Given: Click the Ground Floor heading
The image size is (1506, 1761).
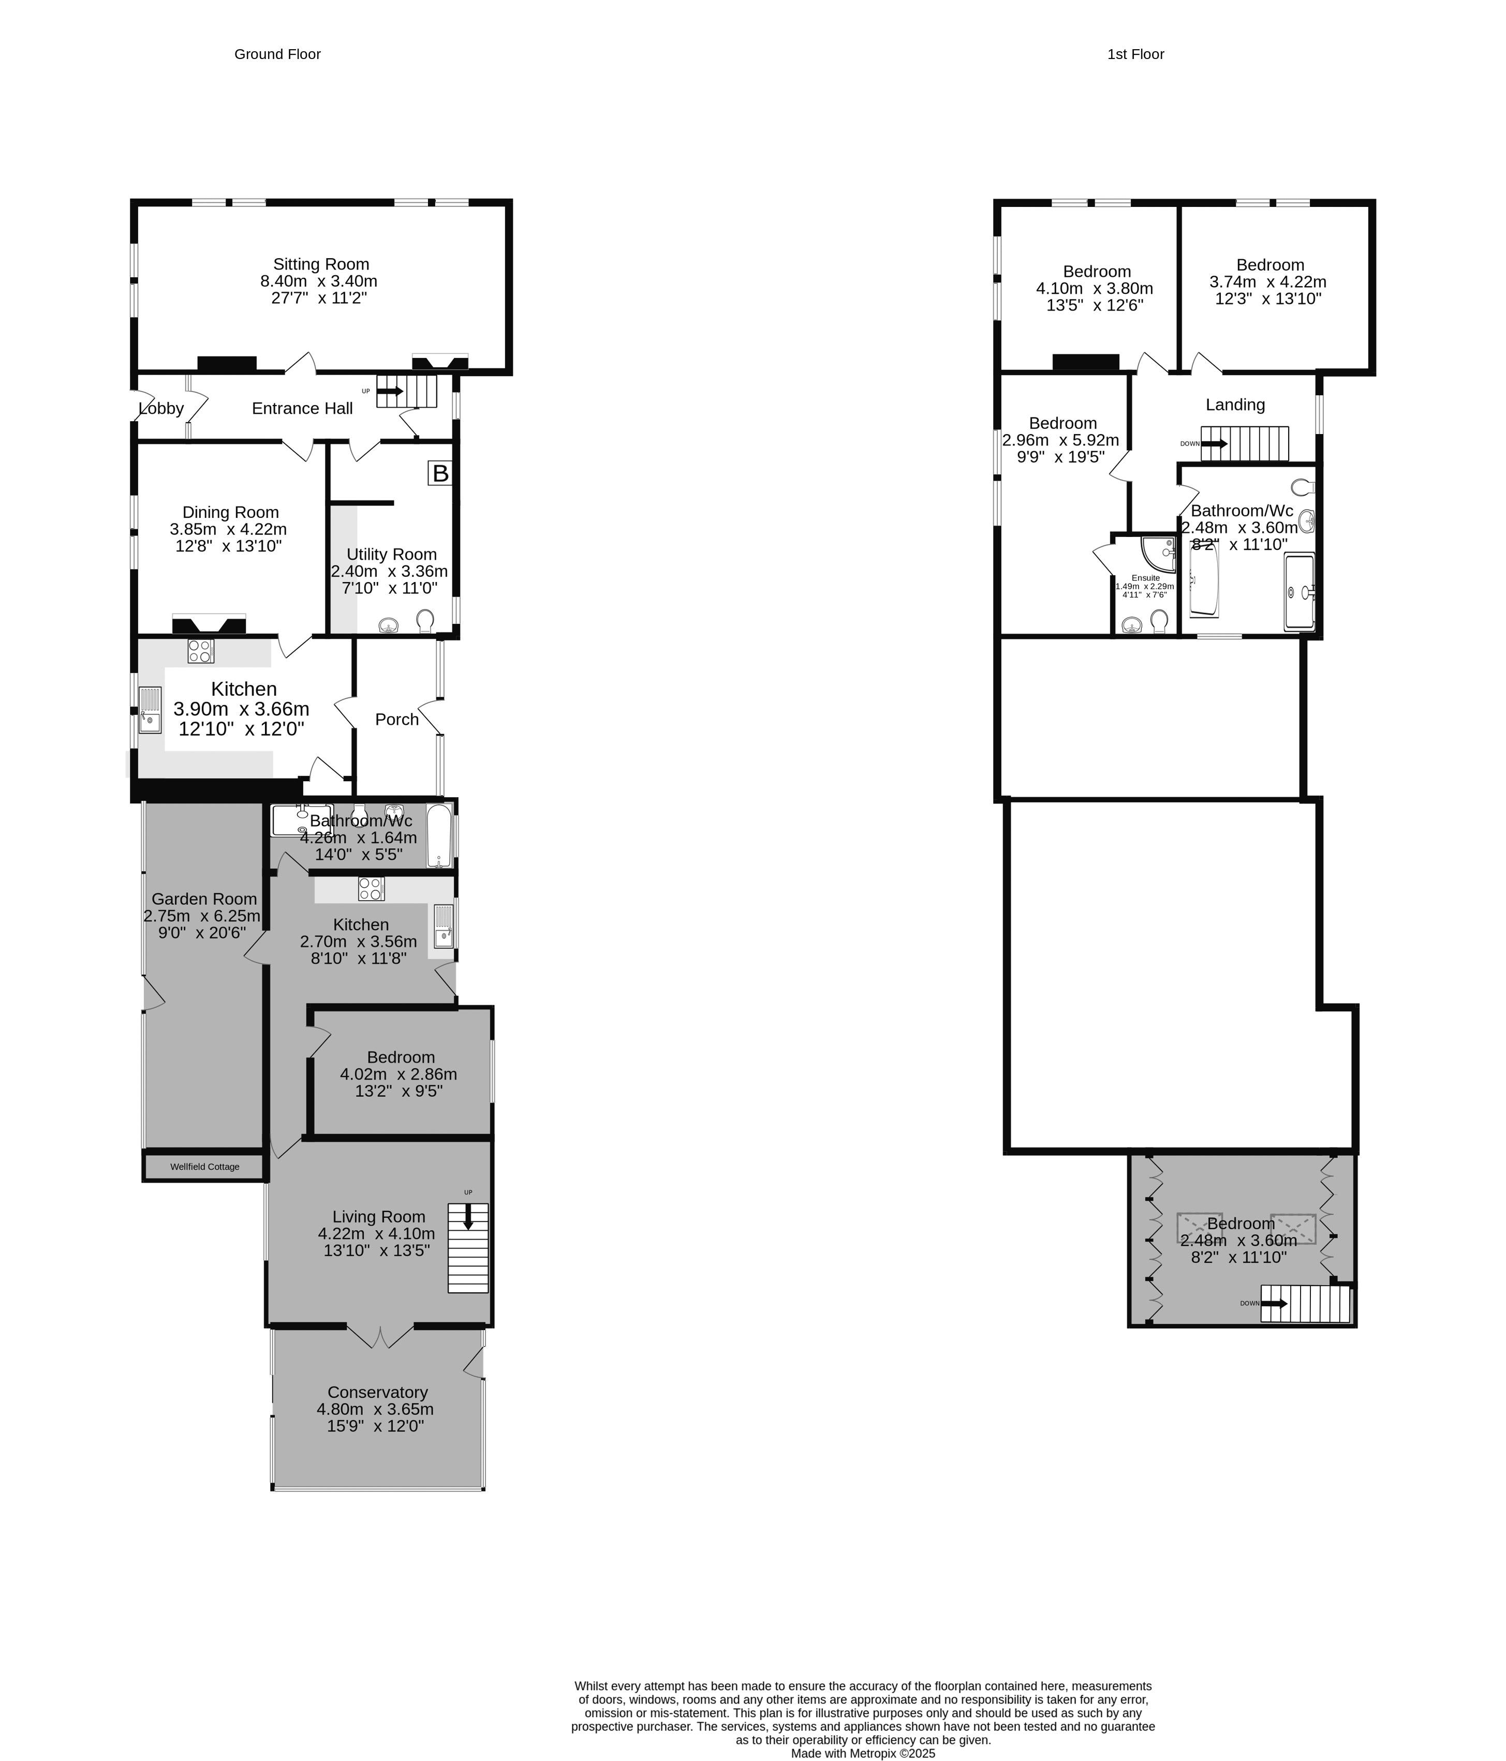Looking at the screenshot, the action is [x=277, y=54].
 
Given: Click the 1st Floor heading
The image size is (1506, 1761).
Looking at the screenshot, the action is [x=1135, y=54].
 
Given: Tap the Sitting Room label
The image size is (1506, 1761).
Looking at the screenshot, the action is [x=320, y=264].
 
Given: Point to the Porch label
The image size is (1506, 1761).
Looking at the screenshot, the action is [x=397, y=719].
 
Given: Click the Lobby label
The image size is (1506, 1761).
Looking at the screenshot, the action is [x=161, y=409].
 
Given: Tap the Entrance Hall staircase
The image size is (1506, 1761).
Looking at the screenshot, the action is [x=406, y=391].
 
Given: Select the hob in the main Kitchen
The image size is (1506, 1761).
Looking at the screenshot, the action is [x=201, y=651].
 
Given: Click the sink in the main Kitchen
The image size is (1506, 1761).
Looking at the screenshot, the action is [x=151, y=710].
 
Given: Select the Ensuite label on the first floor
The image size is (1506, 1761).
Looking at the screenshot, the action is [x=1145, y=578].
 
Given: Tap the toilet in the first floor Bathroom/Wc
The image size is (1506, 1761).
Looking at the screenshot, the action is [x=1303, y=487].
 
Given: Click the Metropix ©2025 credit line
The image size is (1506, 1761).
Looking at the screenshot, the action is [x=863, y=1753].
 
